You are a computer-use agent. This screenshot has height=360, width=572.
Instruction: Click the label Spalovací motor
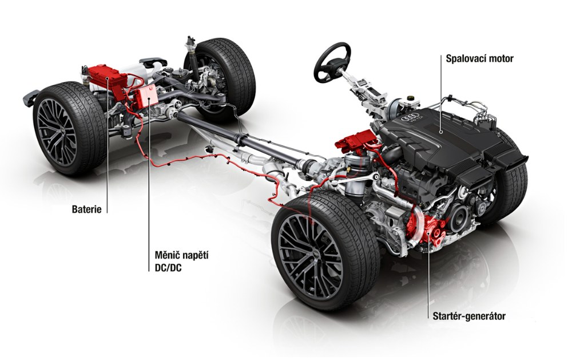coord(480,58)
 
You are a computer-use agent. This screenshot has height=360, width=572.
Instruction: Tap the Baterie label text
coord(86,209)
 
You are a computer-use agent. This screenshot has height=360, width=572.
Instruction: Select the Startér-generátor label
coord(469,316)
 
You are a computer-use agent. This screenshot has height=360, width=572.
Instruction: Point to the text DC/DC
coord(166,268)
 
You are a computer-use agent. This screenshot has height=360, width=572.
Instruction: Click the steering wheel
coord(332,62)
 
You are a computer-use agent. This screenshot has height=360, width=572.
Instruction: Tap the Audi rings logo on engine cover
coord(406,118)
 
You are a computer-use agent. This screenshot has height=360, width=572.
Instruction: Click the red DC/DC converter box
coord(145,96)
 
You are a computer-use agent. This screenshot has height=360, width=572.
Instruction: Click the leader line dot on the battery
coord(108,78)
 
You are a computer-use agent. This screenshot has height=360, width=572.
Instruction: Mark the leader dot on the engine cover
coord(441,132)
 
